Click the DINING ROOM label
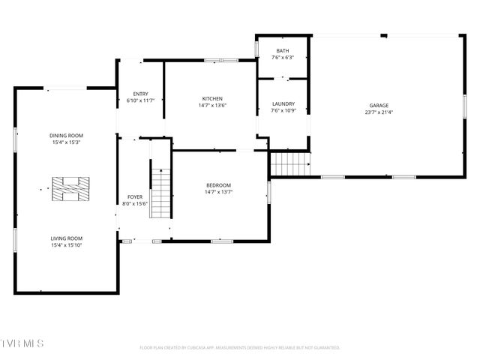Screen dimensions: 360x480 coord(66,136)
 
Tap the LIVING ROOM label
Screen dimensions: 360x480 coord(66,238)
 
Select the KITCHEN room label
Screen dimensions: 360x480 coord(212,99)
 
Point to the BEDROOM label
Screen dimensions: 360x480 coord(219,185)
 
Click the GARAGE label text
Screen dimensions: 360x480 coord(379,106)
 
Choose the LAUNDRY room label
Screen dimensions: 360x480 coord(283,104)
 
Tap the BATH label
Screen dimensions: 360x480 coord(283,51)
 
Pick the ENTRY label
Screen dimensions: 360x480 coord(140,94)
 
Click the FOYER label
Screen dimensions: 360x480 coord(135,196)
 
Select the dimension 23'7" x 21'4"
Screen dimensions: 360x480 coord(379,112)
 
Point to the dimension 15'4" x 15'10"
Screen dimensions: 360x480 coord(66,245)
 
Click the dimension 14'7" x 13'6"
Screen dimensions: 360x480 coord(212,106)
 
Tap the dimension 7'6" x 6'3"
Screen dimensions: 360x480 coord(283,58)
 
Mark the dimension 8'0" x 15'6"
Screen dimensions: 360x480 coord(135,203)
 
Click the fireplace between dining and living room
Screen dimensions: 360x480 coord(70,188)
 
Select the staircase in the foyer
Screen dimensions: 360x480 coord(160,193)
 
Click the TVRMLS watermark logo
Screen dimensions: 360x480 coord(22,343)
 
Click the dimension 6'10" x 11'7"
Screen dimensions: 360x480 coord(140,100)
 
